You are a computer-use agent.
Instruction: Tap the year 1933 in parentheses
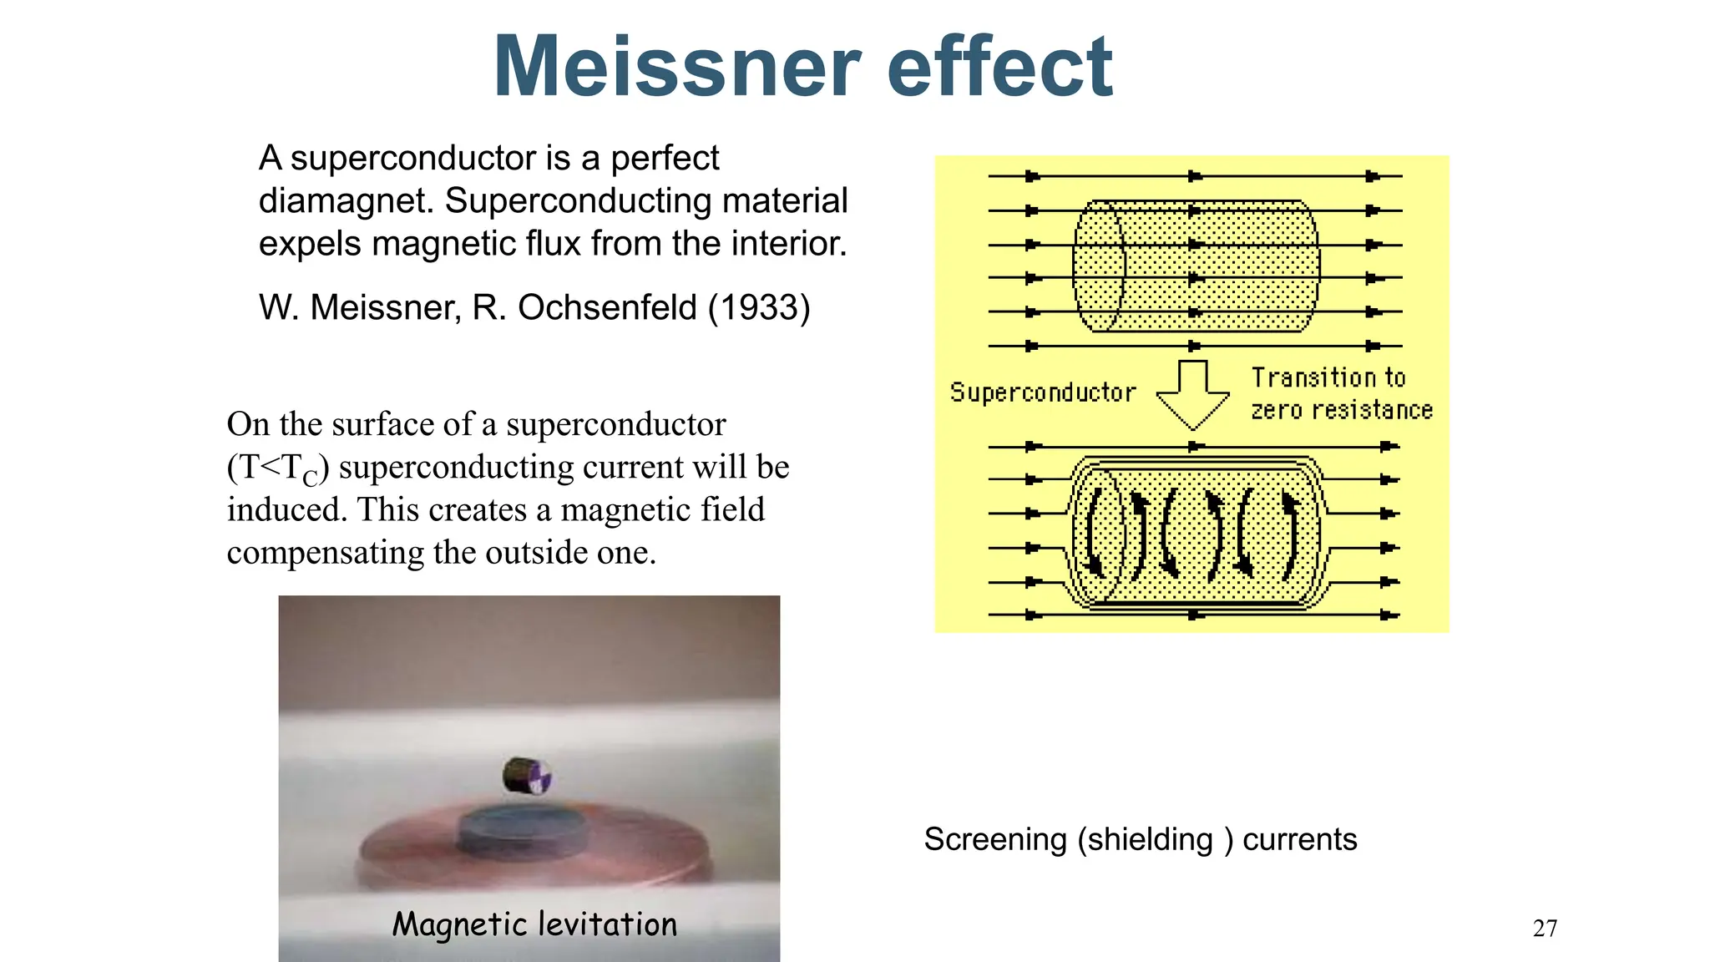click(759, 307)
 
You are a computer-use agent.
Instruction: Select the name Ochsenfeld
click(607, 307)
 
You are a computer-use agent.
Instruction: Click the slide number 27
click(1545, 928)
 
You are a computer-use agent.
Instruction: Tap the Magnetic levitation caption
click(534, 924)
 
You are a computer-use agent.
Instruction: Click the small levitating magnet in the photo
click(526, 776)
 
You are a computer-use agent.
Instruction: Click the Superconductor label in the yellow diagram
click(1043, 392)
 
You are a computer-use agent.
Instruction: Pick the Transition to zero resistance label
click(1341, 393)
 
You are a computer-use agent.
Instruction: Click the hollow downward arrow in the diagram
click(1192, 393)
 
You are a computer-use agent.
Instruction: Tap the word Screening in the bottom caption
click(995, 839)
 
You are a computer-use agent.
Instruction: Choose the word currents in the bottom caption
click(1299, 839)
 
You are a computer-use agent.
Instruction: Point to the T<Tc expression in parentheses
click(279, 468)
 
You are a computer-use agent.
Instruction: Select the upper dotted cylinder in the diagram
click(1196, 266)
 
